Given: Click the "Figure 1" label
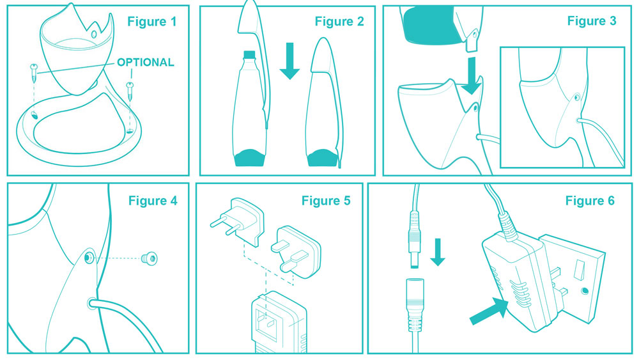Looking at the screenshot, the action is [x=151, y=22].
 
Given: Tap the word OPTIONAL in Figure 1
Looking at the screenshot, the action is [x=146, y=63].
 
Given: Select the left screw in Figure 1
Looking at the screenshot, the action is [x=34, y=73].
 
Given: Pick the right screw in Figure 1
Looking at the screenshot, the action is [x=130, y=91].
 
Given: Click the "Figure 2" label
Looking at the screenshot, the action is [x=339, y=22].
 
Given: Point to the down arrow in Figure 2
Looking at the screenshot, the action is [x=289, y=61].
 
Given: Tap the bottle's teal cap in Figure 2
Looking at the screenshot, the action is [x=249, y=54].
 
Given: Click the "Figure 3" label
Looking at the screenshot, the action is [x=591, y=21].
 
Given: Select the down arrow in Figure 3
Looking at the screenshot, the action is [x=472, y=75].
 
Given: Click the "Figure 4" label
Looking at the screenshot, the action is [x=153, y=201].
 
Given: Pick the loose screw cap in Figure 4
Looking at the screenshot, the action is [x=149, y=258].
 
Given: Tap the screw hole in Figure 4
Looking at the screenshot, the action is [x=89, y=258].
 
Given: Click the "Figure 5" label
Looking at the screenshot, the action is [x=326, y=201].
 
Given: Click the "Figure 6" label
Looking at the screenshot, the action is [x=590, y=201].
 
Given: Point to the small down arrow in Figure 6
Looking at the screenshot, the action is [x=438, y=252].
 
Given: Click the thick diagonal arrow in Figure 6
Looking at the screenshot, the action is [x=489, y=311].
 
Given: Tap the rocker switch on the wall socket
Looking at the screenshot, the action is [x=578, y=269].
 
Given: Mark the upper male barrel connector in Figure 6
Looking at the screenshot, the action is [x=414, y=240].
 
